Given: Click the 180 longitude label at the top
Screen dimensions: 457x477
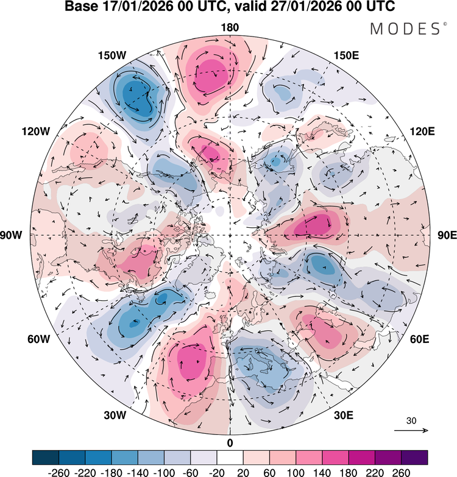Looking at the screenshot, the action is [230, 27].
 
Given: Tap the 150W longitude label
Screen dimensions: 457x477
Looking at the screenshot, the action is [112, 55].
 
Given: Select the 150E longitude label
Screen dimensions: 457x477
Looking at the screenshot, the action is [346, 55].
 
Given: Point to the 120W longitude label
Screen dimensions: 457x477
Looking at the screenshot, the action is [35, 132].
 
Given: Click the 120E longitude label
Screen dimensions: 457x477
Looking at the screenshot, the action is [422, 132].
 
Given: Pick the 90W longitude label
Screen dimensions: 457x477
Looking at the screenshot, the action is [11, 235].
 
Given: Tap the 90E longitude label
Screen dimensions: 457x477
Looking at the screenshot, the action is [447, 235].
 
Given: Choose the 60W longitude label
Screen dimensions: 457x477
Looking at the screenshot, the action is [38, 339].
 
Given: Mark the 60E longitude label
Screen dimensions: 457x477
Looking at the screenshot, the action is [420, 339].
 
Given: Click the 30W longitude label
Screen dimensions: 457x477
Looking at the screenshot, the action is [115, 415].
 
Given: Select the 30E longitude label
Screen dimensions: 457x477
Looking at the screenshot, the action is [344, 415].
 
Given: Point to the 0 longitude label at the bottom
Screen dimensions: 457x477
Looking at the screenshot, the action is [230, 443].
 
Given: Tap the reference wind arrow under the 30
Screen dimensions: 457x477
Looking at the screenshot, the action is [411, 430].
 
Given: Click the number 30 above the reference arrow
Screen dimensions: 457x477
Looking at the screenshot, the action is [411, 421].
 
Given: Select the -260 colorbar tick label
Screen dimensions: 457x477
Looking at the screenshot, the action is [58, 472].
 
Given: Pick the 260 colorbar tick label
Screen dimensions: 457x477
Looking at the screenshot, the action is [401, 472].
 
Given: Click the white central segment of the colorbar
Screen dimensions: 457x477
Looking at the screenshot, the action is [230, 458].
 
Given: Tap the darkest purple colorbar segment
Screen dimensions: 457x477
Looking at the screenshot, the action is [414, 458].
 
